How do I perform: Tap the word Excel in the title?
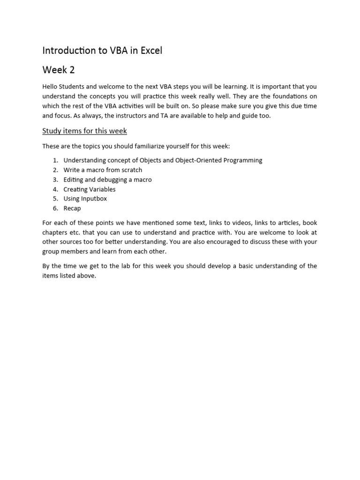pyautogui.click(x=150, y=51)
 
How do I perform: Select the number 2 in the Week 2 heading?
pyautogui.click(x=72, y=70)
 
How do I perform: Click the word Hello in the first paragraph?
pyautogui.click(x=51, y=87)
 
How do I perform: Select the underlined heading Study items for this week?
pyautogui.click(x=84, y=131)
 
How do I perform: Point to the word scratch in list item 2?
pyautogui.click(x=131, y=170)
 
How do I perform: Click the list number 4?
pyautogui.click(x=55, y=189)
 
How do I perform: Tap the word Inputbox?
pyautogui.click(x=94, y=199)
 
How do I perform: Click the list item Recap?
pyautogui.click(x=72, y=208)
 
